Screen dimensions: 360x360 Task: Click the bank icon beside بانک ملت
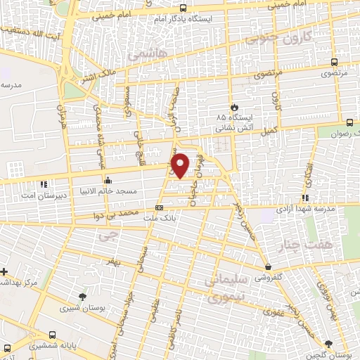pyautogui.click(x=159, y=207)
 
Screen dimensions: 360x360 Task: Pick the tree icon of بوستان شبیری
pyautogui.click(x=84, y=297)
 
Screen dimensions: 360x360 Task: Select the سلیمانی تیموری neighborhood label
pyautogui.click(x=226, y=289)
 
